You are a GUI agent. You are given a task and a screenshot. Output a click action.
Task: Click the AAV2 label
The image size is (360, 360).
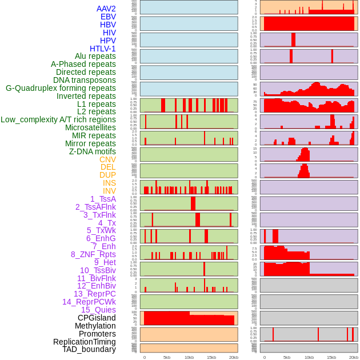(106, 9)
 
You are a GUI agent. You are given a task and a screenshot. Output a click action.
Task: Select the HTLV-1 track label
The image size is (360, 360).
(103, 49)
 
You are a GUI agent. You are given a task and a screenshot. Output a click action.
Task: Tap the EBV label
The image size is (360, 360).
(108, 17)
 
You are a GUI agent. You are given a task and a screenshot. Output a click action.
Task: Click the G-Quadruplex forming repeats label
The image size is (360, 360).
(61, 88)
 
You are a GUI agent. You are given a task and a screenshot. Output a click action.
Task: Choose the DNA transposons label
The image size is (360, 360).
(85, 80)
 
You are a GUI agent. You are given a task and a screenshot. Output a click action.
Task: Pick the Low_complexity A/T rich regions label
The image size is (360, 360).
(58, 119)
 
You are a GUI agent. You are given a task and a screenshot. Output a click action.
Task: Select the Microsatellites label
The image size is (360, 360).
(90, 127)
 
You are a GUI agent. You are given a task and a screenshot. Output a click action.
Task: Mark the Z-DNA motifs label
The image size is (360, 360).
(93, 151)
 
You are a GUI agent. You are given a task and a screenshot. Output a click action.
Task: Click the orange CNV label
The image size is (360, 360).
(107, 159)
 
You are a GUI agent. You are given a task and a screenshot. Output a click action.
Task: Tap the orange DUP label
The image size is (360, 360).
(107, 175)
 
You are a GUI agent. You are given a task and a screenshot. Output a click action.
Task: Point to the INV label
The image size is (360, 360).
(109, 191)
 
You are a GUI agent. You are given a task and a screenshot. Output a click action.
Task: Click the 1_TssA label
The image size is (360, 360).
(103, 199)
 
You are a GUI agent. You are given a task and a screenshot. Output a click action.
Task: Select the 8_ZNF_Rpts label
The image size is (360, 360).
(93, 254)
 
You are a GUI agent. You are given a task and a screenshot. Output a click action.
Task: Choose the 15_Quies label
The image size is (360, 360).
(98, 310)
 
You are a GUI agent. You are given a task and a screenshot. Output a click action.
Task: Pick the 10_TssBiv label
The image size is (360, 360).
(98, 270)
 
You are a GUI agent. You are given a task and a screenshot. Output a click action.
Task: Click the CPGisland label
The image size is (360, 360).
(97, 318)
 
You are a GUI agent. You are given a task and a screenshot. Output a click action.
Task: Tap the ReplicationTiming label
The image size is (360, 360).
(84, 342)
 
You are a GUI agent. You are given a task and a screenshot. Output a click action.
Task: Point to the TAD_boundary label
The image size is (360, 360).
(89, 349)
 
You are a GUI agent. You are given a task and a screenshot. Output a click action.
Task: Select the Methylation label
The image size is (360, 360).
(95, 326)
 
